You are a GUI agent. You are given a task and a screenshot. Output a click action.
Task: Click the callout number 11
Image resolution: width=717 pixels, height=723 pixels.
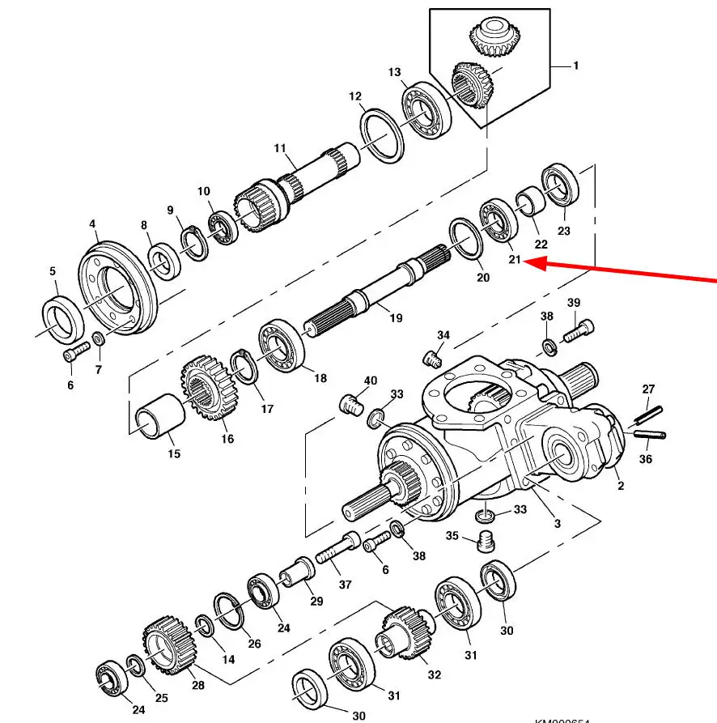[280, 148]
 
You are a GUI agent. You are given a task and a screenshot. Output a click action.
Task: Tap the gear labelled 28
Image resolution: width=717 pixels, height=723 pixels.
[170, 645]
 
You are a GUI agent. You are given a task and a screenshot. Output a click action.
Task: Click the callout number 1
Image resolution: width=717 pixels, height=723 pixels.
[575, 66]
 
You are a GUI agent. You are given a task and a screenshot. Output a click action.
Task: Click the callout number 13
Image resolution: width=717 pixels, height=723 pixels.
[394, 73]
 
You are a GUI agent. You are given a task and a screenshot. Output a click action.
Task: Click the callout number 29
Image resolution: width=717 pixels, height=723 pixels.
[316, 602]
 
